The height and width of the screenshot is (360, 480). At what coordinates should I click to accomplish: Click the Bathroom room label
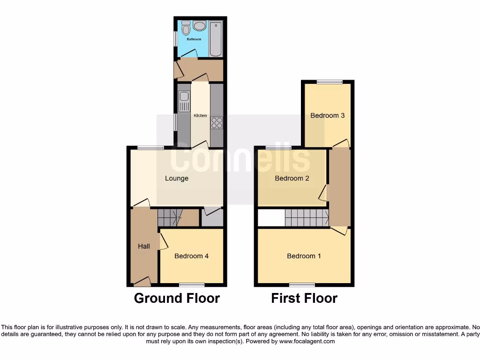coord(194,39)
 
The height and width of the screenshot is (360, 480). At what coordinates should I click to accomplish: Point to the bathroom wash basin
coord(199,25)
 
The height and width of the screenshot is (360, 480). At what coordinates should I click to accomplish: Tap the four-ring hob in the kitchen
coord(217,123)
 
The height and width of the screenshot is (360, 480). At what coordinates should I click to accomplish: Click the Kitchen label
coord(200,115)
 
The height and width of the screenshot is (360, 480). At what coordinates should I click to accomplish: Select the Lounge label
coord(177,178)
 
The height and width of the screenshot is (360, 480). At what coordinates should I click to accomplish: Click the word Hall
coord(144,246)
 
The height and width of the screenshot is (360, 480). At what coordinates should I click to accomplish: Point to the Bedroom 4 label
coord(192,256)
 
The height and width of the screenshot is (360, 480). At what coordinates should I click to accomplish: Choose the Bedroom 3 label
coord(328,115)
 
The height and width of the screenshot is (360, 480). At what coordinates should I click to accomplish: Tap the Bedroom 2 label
coord(292,178)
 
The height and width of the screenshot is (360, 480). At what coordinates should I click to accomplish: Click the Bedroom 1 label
coord(304,256)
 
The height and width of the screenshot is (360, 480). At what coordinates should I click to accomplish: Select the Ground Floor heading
coord(177,298)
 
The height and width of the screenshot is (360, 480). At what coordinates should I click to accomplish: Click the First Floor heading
coord(304,298)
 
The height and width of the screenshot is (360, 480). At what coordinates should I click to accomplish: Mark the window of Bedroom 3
coord(329,82)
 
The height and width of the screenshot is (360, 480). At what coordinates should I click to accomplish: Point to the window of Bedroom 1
coord(302,285)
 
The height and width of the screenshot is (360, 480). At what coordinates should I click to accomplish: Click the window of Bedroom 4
coord(192,285)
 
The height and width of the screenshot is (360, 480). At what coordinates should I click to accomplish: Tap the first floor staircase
coord(307,218)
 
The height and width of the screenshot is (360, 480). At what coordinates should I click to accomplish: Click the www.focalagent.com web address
coord(307,342)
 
